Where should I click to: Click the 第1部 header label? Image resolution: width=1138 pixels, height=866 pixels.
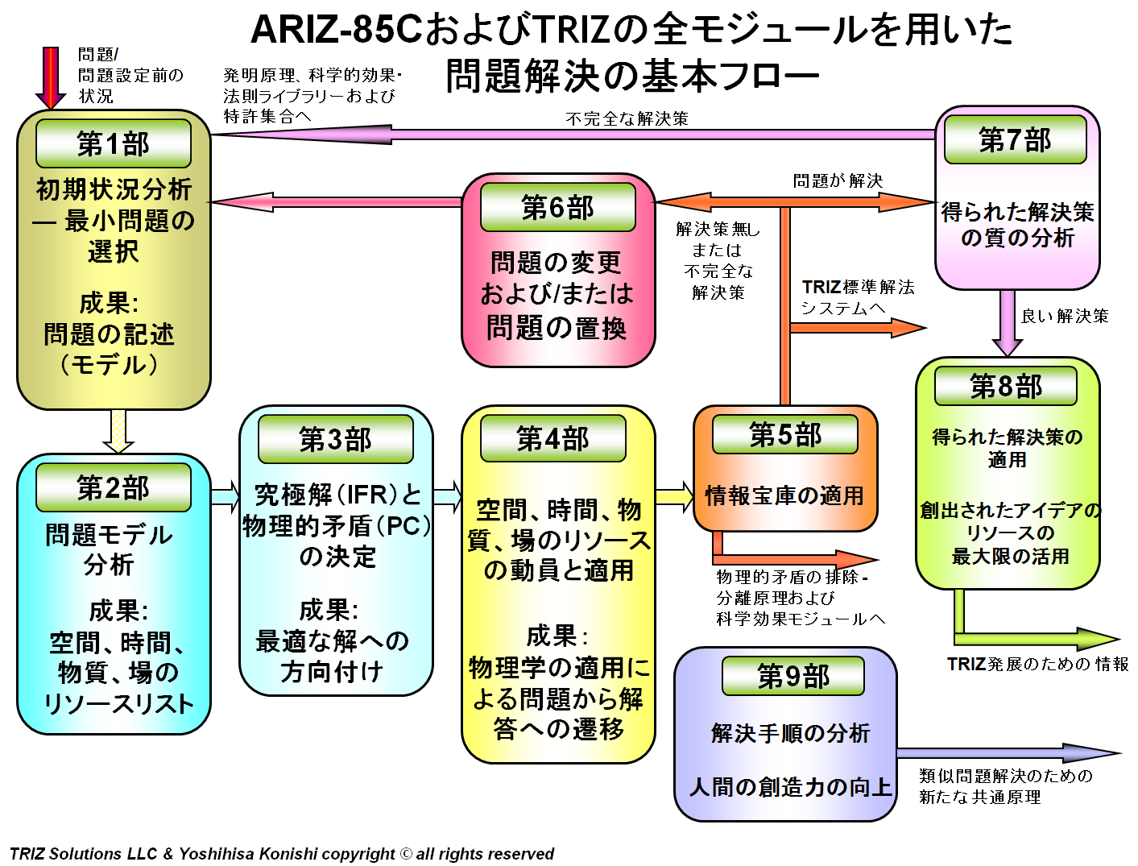pyautogui.click(x=113, y=143)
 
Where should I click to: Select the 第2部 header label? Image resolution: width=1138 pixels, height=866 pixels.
pyautogui.click(x=113, y=487)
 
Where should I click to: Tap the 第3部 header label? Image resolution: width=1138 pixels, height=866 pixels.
pyautogui.click(x=335, y=439)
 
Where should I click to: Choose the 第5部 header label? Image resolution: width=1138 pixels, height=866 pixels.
pyautogui.click(x=785, y=435)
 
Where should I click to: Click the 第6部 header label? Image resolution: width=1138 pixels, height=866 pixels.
pyautogui.click(x=557, y=207)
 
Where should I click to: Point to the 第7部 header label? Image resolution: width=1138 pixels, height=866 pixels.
pyautogui.click(x=1015, y=139)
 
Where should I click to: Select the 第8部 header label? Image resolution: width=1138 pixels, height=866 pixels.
pyautogui.click(x=1005, y=387)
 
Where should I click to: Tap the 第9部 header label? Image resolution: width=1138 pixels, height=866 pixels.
pyautogui.click(x=793, y=676)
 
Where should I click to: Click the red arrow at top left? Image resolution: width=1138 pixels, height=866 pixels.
pyautogui.click(x=51, y=77)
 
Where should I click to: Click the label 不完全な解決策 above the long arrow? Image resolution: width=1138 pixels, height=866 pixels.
pyautogui.click(x=627, y=118)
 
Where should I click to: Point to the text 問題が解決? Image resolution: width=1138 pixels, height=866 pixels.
pyautogui.click(x=838, y=180)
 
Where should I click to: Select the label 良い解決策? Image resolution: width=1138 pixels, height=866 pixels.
pyautogui.click(x=1065, y=316)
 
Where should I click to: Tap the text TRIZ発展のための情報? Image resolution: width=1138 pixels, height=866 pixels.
pyautogui.click(x=1037, y=664)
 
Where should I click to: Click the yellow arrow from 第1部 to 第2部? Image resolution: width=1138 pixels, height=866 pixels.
pyautogui.click(x=118, y=431)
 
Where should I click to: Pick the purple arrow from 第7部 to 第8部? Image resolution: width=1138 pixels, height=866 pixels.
pyautogui.click(x=1007, y=322)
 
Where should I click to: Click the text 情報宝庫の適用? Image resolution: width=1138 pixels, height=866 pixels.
pyautogui.click(x=784, y=495)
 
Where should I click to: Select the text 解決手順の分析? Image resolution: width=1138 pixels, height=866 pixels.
pyautogui.click(x=790, y=733)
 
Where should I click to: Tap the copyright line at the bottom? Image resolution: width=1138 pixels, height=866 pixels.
pyautogui.click(x=282, y=853)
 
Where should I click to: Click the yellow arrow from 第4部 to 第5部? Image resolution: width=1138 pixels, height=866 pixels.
pyautogui.click(x=674, y=497)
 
